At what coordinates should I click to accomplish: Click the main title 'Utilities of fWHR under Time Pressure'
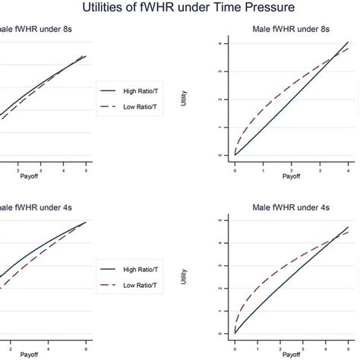tap(179, 8)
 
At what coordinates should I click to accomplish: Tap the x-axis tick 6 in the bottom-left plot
tap(86, 344)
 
